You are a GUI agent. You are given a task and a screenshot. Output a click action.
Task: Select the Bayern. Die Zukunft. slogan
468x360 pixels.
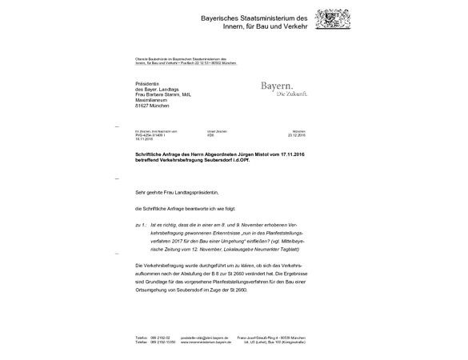(x=284, y=88)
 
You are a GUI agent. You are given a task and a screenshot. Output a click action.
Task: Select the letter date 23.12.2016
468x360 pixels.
(x=298, y=135)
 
